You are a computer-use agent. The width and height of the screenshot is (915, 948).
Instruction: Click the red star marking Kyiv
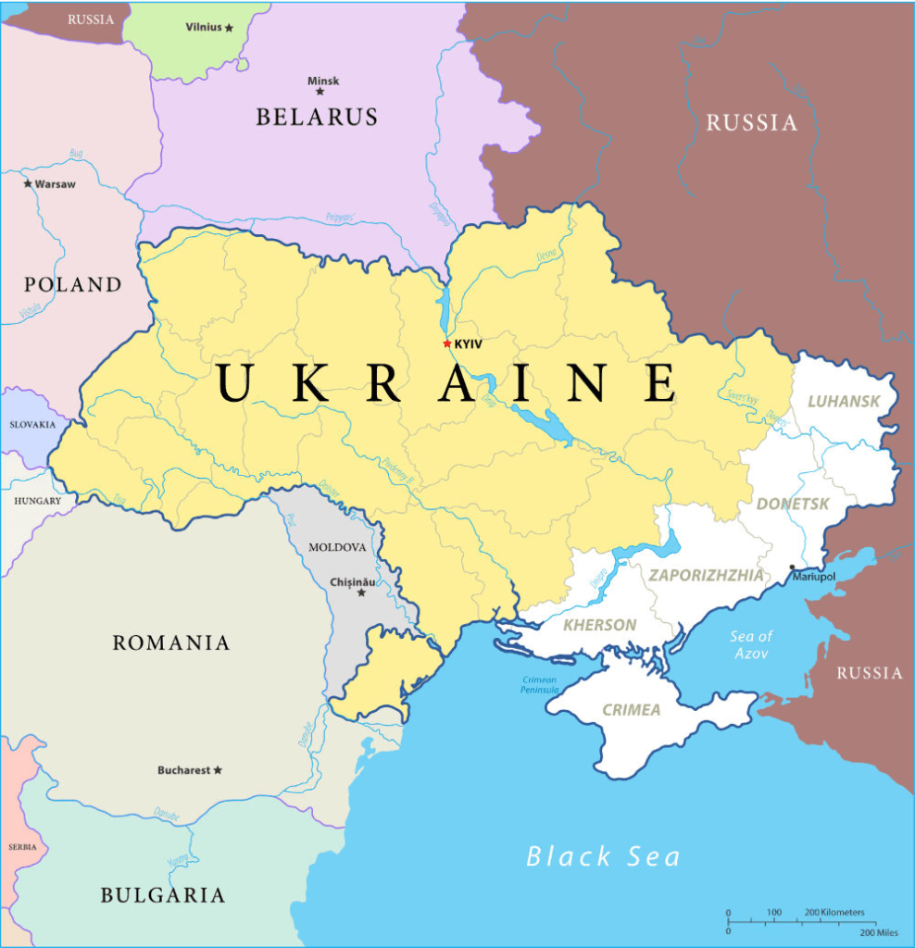447,343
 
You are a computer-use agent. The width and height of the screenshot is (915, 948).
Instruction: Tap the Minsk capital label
323,81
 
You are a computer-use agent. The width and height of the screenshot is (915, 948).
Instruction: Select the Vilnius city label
204,27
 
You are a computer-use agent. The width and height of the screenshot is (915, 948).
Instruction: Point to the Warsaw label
55,184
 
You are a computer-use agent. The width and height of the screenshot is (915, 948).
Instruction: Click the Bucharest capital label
183,770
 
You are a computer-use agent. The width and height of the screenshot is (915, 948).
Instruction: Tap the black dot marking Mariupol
792,567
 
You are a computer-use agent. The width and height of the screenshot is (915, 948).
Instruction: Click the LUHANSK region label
843,402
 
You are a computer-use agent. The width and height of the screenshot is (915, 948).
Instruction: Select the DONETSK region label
793,505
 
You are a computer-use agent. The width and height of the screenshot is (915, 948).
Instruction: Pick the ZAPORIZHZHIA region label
706,576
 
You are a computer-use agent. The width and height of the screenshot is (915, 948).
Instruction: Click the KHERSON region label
600,625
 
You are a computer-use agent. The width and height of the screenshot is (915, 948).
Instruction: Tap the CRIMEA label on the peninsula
632,710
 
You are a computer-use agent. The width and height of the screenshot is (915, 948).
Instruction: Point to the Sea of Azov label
751,644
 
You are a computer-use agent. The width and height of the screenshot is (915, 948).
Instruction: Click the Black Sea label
603,856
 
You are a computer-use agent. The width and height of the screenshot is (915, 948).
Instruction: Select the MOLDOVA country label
337,547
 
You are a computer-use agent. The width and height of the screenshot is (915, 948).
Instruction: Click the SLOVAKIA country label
32,425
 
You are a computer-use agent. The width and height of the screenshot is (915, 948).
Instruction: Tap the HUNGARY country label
37,501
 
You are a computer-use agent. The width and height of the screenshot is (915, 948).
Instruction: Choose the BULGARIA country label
162,895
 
